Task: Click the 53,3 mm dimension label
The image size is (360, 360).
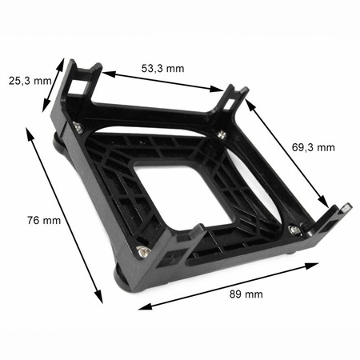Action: click(x=162, y=69)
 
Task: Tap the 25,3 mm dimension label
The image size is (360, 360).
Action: click(x=30, y=81)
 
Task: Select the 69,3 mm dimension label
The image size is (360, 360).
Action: click(x=314, y=147)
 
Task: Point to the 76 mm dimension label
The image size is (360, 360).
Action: click(x=44, y=221)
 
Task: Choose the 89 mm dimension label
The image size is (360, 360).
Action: click(x=246, y=294)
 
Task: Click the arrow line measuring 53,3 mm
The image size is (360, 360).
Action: click(x=162, y=82)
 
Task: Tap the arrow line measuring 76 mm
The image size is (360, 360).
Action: click(x=64, y=215)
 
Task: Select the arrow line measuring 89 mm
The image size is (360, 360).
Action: click(x=229, y=286)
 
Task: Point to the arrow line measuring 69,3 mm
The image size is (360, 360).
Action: click(x=286, y=153)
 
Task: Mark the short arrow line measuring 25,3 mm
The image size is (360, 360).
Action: click(x=54, y=85)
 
